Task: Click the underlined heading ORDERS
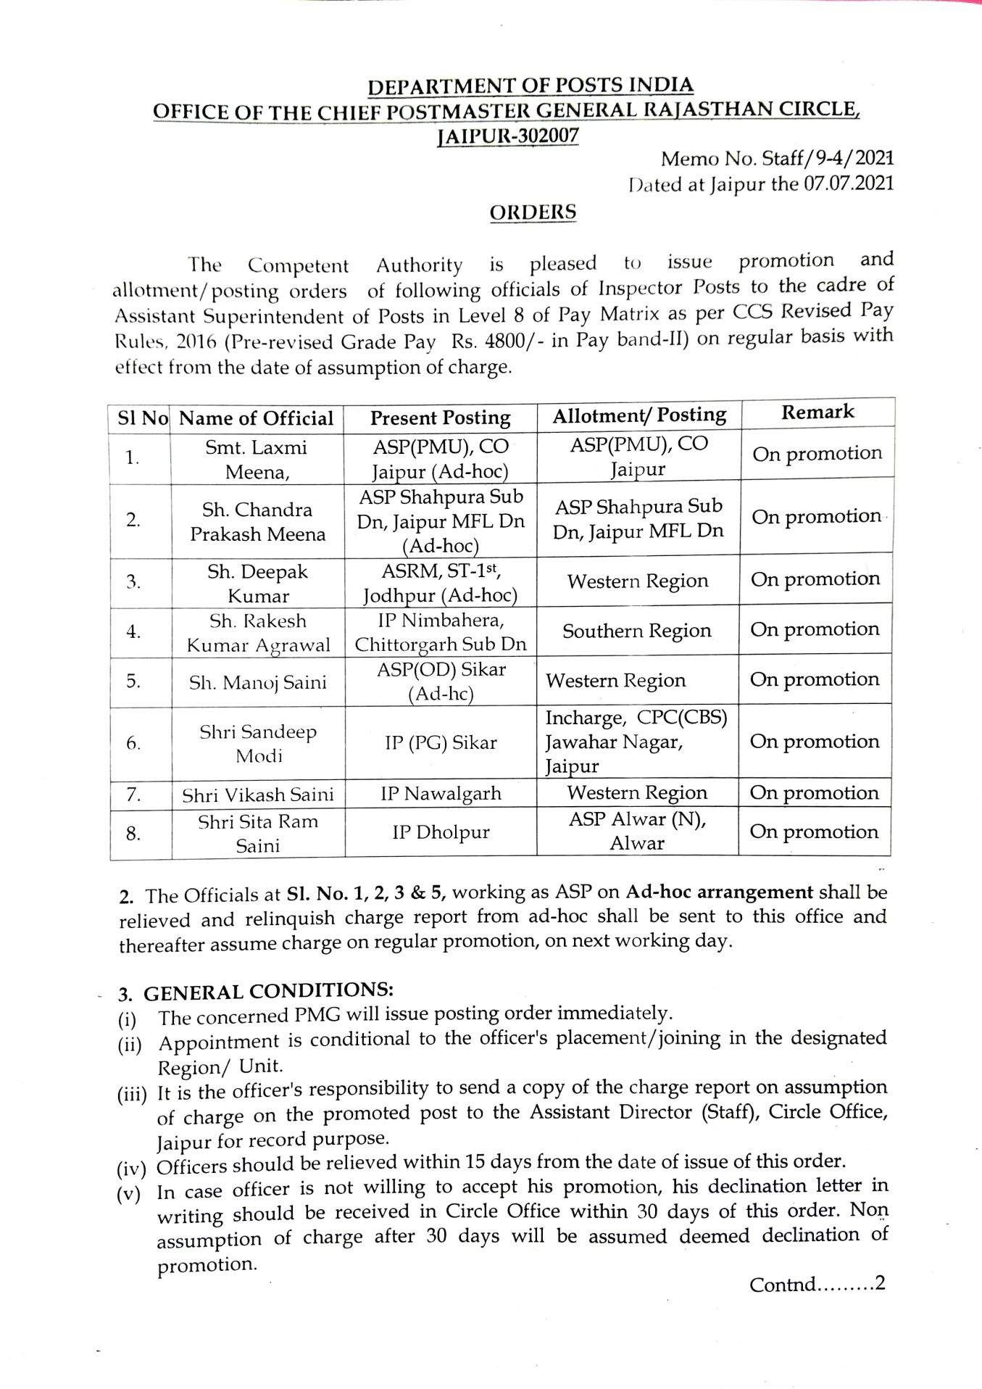pyautogui.click(x=533, y=212)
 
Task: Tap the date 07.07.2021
pyautogui.click(x=848, y=183)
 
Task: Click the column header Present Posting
pyautogui.click(x=440, y=418)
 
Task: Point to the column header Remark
pyautogui.click(x=817, y=412)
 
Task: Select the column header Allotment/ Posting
pyautogui.click(x=638, y=415)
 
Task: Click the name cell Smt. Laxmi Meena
pyautogui.click(x=257, y=460)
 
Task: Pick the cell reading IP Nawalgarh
pyautogui.click(x=441, y=793)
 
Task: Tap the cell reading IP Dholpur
pyautogui.click(x=441, y=832)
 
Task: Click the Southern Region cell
pyautogui.click(x=636, y=631)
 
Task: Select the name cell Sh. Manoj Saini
pyautogui.click(x=257, y=682)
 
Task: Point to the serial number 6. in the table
pyautogui.click(x=133, y=743)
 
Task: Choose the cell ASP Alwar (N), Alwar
pyautogui.click(x=637, y=831)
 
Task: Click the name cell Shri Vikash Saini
pyautogui.click(x=257, y=795)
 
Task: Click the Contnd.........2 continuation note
pyautogui.click(x=817, y=1285)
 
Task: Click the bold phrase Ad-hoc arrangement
pyautogui.click(x=719, y=892)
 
